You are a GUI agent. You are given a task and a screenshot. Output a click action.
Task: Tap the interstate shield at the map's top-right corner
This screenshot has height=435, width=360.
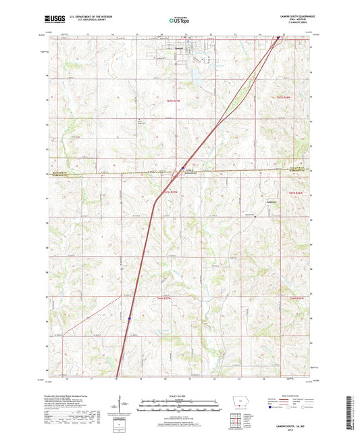(x=278, y=38)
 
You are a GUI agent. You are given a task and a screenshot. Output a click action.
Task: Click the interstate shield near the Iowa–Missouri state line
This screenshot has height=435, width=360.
(x=183, y=168)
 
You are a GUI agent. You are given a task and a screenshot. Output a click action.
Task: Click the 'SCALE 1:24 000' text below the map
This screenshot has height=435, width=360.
(x=180, y=395)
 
